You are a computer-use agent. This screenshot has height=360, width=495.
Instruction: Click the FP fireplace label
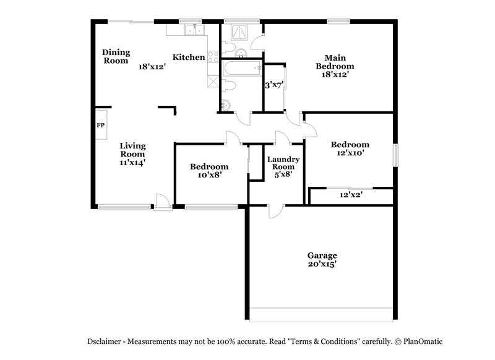(100, 125)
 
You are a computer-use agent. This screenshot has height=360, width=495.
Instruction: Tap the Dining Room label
(116, 56)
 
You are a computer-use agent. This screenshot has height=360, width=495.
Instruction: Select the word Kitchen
(188, 58)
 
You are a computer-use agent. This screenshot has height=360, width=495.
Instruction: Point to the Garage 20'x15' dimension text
(322, 264)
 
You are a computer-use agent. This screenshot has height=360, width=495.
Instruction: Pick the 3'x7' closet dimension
(273, 85)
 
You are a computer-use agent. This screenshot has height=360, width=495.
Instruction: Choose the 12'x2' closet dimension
(351, 195)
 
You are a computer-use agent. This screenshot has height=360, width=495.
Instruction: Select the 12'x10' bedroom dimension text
(350, 152)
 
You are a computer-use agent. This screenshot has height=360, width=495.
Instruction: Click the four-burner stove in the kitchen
(212, 58)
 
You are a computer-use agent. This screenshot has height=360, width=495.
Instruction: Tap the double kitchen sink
(194, 31)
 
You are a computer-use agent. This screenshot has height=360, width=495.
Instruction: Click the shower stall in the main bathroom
(238, 34)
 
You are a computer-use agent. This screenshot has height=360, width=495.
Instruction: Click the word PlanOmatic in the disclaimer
(421, 341)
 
